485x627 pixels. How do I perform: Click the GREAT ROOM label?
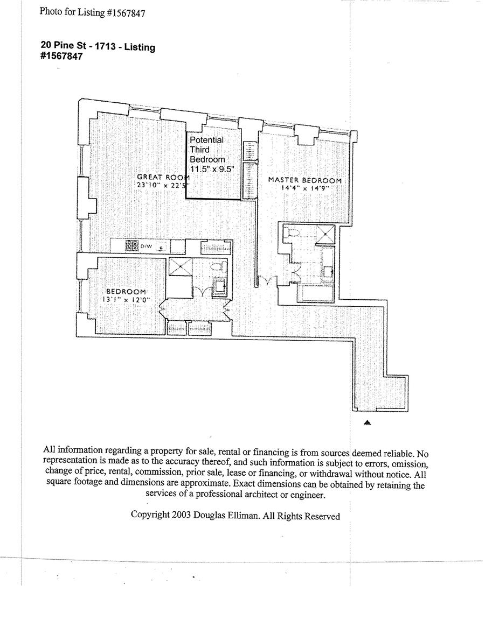162,177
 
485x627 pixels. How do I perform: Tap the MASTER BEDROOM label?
305,180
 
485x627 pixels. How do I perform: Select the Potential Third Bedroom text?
207,150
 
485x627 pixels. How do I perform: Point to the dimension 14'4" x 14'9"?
305,189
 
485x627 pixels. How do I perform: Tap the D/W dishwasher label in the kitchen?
147,246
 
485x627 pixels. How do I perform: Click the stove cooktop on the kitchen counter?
132,246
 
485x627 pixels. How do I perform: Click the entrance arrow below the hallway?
367,424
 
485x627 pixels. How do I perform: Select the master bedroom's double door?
266,281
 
